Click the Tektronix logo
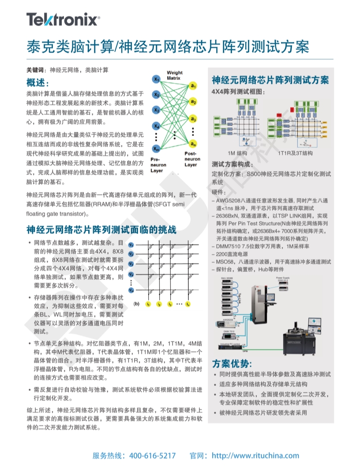63,20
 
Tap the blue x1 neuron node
156,79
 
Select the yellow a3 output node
193,119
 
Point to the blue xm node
156,148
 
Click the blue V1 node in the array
131,244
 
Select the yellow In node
187,304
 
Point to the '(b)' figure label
136,304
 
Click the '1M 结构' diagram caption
237,153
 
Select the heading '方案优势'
232,364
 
